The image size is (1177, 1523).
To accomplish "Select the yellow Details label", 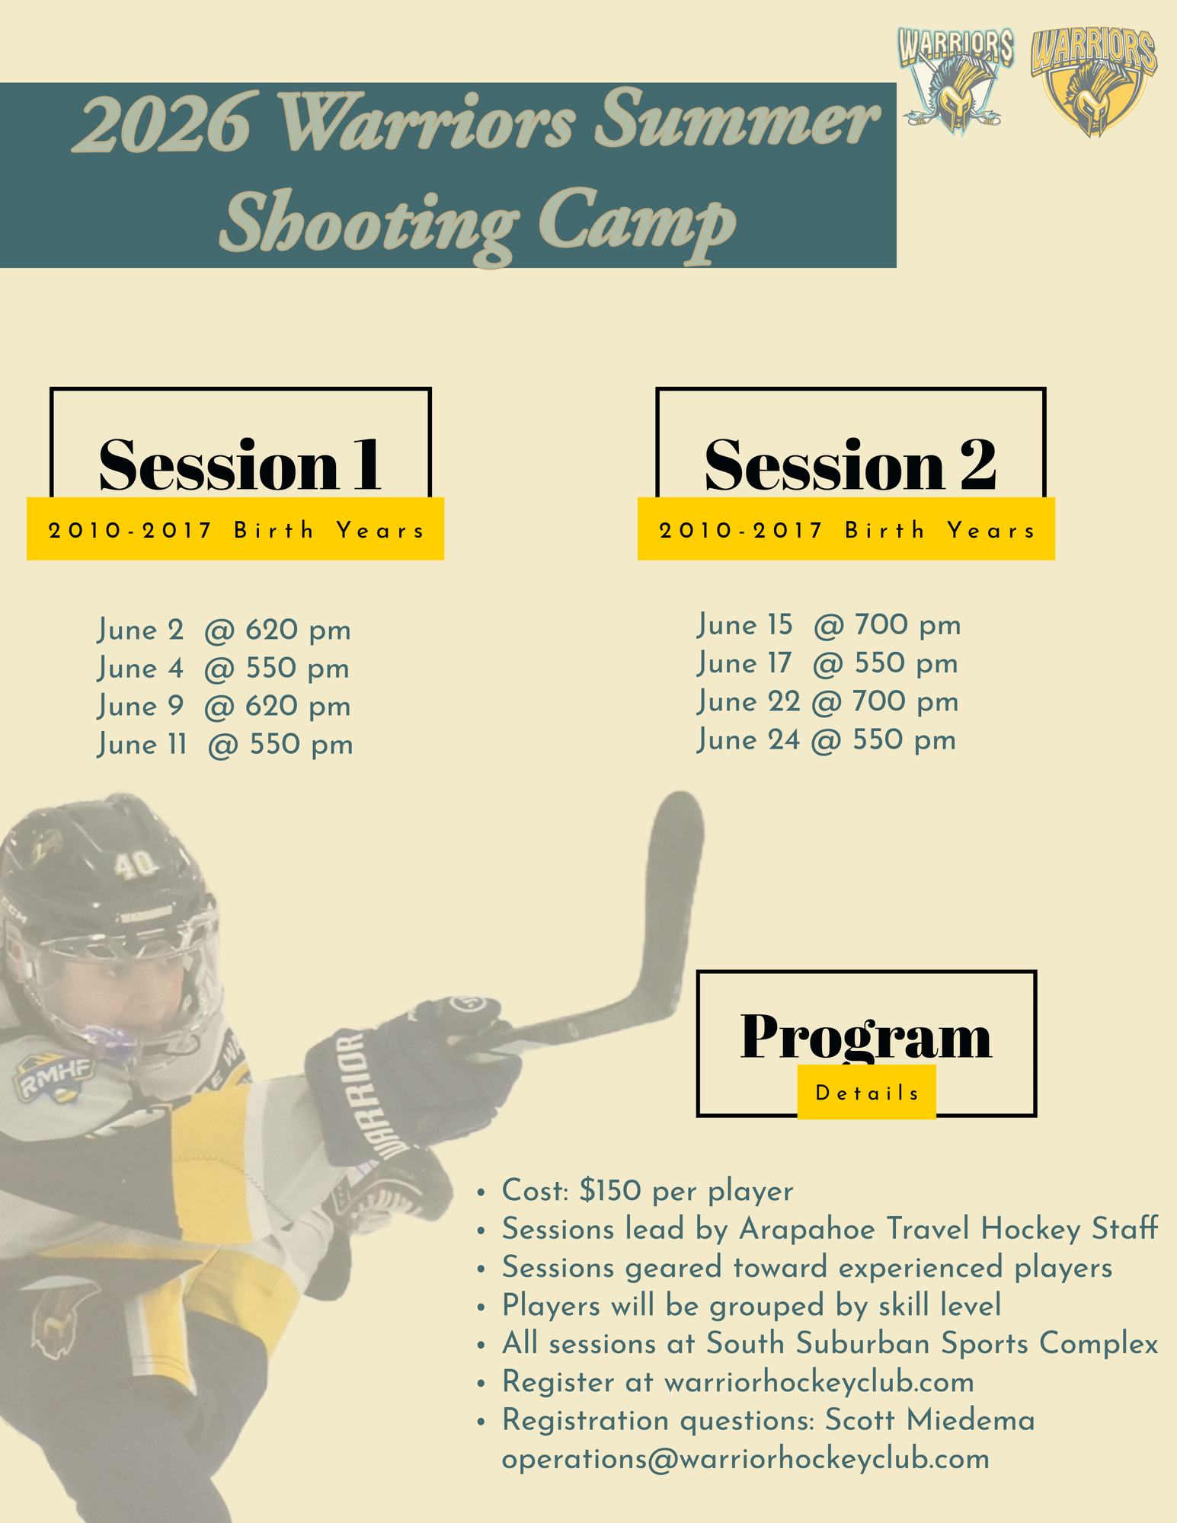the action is [867, 1092].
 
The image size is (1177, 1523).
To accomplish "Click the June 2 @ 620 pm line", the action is [225, 631].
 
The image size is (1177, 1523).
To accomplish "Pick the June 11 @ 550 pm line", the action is [225, 745].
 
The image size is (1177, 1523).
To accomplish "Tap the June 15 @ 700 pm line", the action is [829, 625].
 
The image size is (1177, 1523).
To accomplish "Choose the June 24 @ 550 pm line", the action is [827, 739].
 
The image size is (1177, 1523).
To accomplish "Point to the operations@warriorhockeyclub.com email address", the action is [746, 1458].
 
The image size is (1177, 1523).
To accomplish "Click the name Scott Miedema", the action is [930, 1419].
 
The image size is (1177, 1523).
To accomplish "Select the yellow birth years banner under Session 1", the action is [235, 528].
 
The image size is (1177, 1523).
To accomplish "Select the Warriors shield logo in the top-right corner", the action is [1093, 82].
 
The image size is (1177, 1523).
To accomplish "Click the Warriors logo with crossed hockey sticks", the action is [955, 81].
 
